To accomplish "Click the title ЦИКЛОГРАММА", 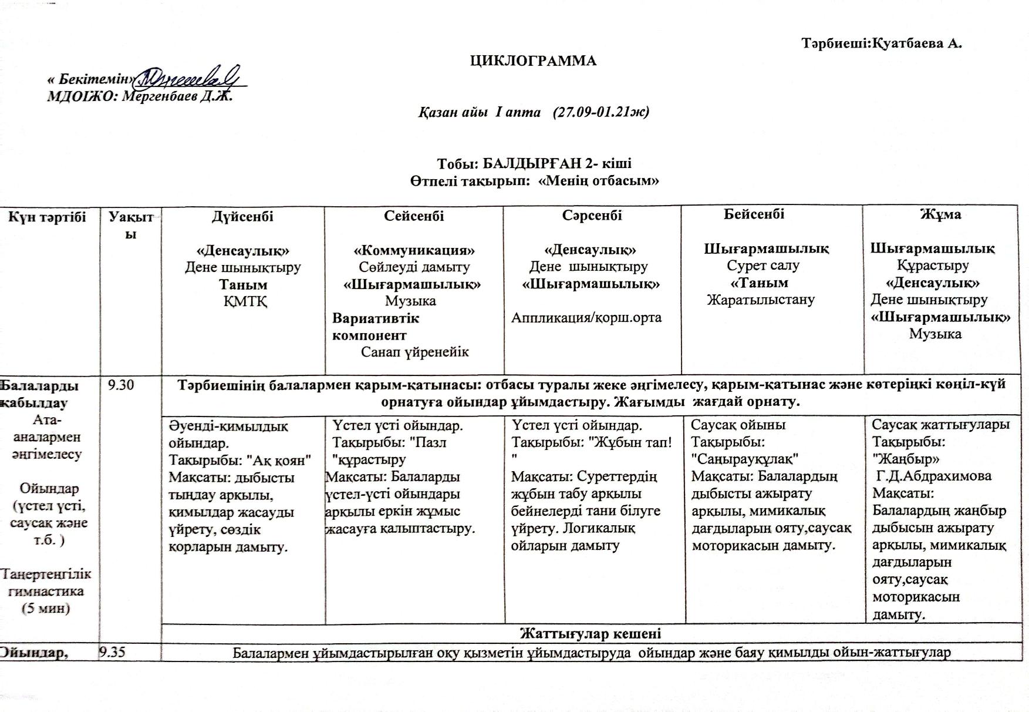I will click(533, 61).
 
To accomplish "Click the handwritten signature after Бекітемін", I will click(188, 76).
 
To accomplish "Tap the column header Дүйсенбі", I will click(242, 216).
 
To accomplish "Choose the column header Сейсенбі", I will click(414, 216).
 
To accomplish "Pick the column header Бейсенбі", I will click(754, 214).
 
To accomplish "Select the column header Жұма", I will click(940, 214).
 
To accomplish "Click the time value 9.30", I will click(121, 385).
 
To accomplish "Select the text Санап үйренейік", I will click(414, 352).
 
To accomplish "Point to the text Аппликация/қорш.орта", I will click(586, 318).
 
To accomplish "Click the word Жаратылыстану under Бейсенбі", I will click(761, 300).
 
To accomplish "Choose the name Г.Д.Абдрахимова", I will click(933, 476).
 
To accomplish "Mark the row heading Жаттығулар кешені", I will click(590, 633).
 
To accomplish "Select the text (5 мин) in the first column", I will click(46, 608).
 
